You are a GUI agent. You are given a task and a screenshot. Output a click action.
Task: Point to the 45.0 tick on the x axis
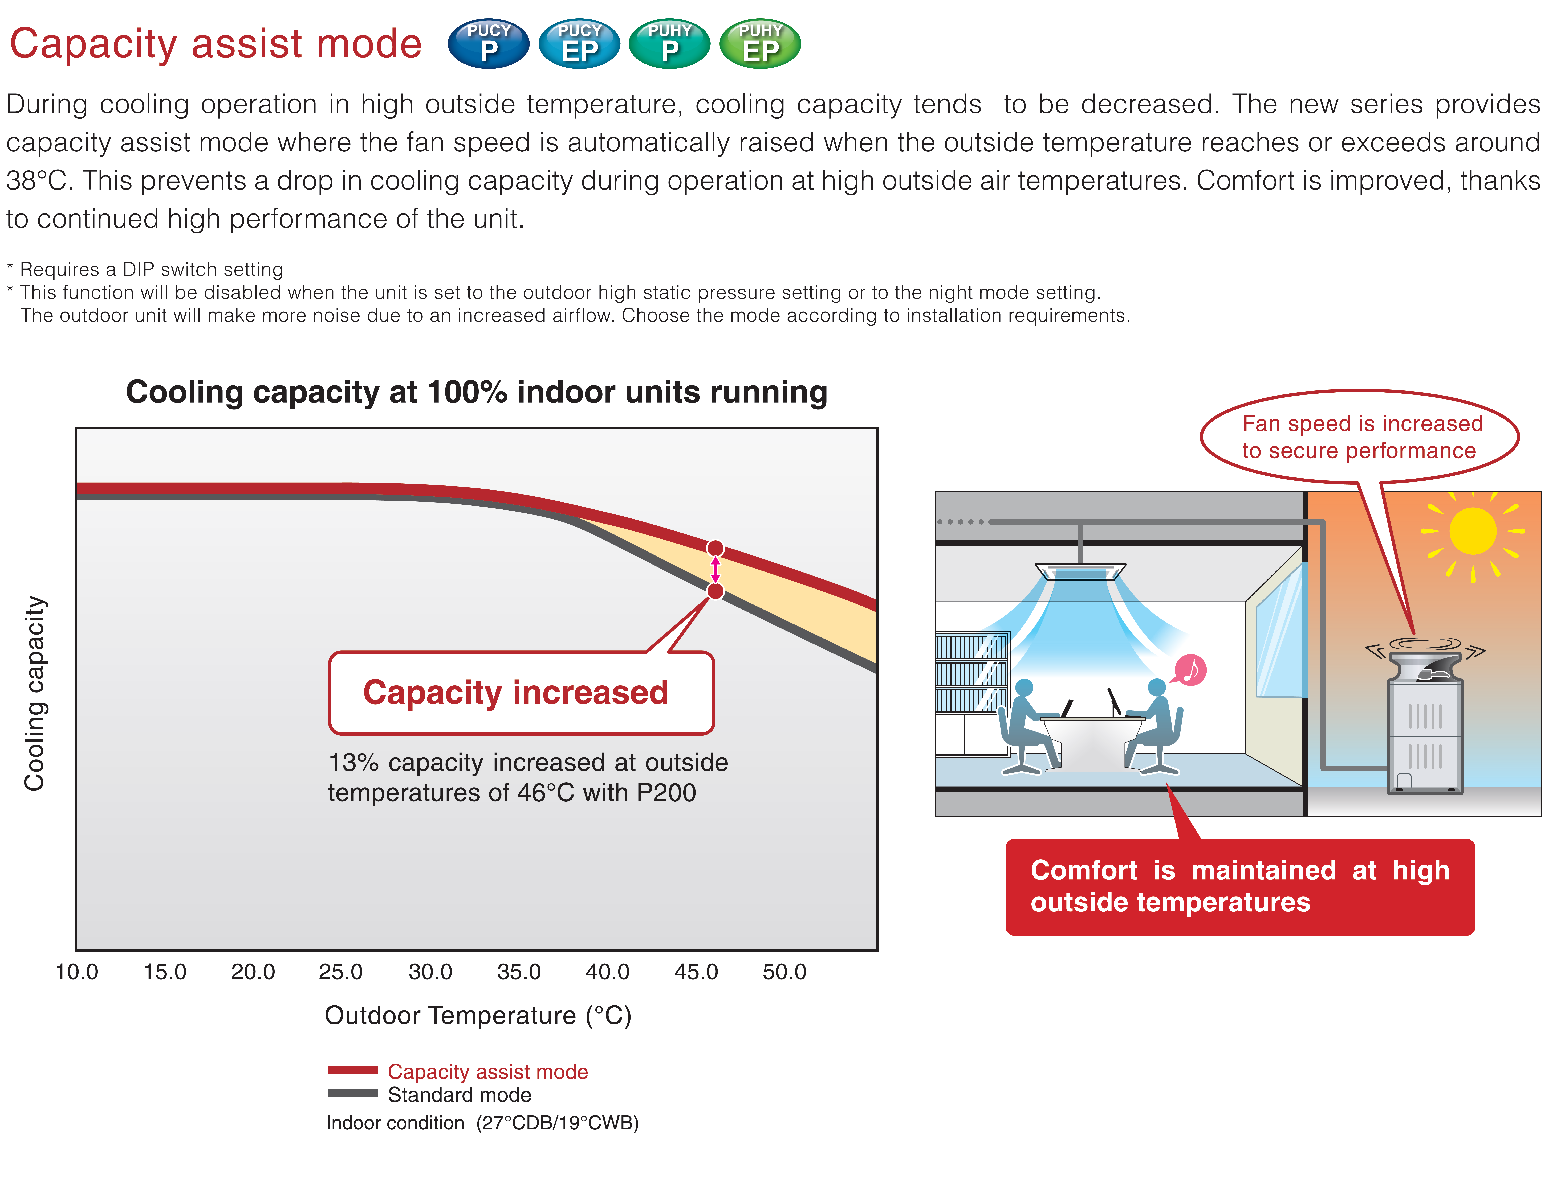(x=696, y=972)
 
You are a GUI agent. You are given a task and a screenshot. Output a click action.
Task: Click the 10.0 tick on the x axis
(x=77, y=972)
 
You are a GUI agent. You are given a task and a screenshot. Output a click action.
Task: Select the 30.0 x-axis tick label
(x=430, y=972)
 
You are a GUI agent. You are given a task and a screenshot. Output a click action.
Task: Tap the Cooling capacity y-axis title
(x=34, y=693)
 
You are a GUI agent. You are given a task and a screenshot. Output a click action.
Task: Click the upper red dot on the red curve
(x=715, y=548)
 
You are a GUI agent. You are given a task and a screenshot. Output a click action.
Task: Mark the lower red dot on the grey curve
(x=715, y=591)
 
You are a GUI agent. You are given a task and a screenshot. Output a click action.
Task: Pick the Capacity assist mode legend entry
(x=458, y=1071)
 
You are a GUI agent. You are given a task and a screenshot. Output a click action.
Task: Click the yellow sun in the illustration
(x=1473, y=531)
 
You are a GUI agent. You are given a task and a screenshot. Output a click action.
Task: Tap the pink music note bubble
(x=1190, y=670)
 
